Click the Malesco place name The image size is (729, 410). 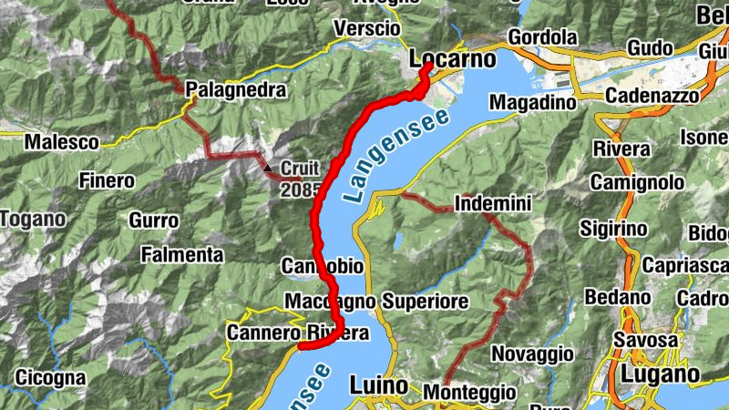61,142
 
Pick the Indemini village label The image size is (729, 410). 492,205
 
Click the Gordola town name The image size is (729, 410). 543,37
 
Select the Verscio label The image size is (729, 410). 367,29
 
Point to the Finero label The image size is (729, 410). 107,180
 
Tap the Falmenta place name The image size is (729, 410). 182,254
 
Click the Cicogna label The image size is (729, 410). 50,376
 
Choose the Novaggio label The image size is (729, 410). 533,353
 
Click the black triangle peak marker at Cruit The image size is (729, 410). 268,169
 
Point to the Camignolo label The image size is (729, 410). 637,183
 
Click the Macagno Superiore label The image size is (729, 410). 376,301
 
